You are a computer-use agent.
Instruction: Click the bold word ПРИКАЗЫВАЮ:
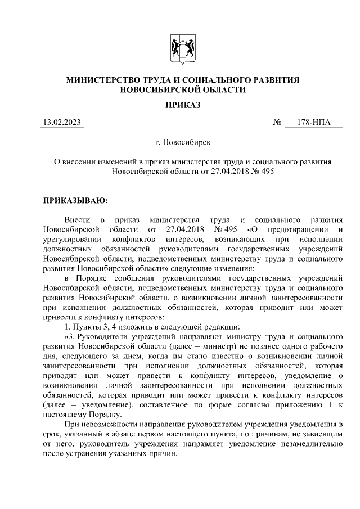click(75, 199)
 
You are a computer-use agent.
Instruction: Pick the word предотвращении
click(296, 229)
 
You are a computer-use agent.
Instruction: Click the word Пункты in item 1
click(83, 327)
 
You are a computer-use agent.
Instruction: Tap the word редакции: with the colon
click(208, 327)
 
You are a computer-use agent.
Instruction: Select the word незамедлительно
click(311, 444)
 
